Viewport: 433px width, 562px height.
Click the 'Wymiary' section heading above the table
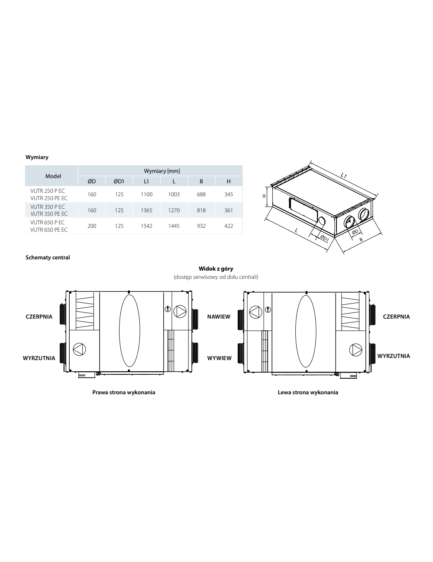(37, 157)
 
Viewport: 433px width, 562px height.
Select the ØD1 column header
(119, 181)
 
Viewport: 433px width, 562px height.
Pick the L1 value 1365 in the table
(146, 210)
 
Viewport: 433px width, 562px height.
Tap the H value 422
(229, 226)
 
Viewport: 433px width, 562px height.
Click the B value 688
(201, 194)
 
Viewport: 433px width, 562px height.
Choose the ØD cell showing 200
(92, 226)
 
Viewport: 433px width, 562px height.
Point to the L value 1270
(174, 210)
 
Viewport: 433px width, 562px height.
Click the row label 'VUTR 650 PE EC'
(49, 230)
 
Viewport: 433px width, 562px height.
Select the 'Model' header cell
(53, 176)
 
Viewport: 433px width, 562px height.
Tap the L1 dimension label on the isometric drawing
(343, 176)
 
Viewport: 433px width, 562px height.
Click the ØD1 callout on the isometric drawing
(324, 238)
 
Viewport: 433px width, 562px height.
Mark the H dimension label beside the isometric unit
(264, 196)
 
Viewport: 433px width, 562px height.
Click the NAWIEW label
(219, 316)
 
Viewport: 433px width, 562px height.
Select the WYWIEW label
(219, 358)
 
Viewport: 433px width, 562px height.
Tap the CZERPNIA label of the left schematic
(39, 316)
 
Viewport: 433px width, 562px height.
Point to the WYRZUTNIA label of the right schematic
(393, 356)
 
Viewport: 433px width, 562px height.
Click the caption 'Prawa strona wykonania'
(123, 393)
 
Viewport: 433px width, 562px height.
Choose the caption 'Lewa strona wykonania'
(308, 393)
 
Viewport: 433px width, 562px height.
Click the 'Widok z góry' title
(216, 269)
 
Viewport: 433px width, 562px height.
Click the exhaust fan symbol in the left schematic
(79, 349)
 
